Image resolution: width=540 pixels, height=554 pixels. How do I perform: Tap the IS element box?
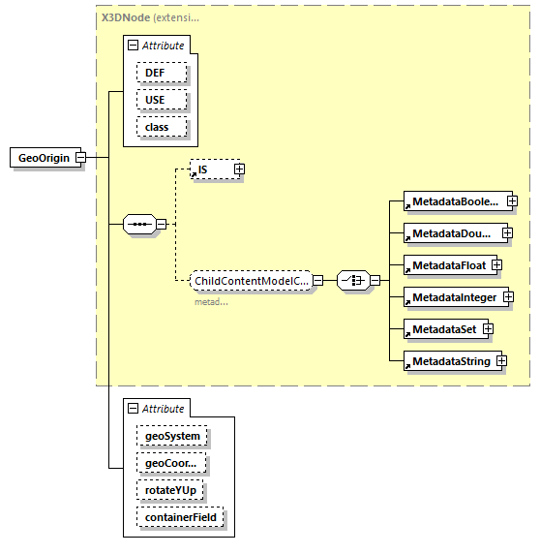click(211, 169)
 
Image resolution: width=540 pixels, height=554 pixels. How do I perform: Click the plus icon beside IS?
click(239, 169)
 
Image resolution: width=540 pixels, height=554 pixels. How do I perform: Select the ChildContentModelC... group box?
click(251, 281)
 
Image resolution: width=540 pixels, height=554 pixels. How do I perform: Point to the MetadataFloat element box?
click(447, 264)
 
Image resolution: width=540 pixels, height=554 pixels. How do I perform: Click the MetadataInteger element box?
click(453, 297)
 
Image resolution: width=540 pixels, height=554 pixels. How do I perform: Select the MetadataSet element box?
click(443, 329)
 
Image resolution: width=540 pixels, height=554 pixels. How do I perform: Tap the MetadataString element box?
click(450, 361)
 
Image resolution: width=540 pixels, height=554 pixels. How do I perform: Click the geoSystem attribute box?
click(172, 436)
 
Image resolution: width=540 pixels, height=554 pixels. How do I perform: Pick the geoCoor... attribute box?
click(170, 463)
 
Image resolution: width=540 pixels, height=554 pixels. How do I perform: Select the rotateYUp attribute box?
click(169, 490)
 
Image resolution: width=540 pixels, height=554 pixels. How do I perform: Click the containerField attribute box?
click(180, 517)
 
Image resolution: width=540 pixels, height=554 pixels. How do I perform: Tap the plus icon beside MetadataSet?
click(489, 329)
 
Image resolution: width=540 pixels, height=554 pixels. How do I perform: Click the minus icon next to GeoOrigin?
click(81, 158)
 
